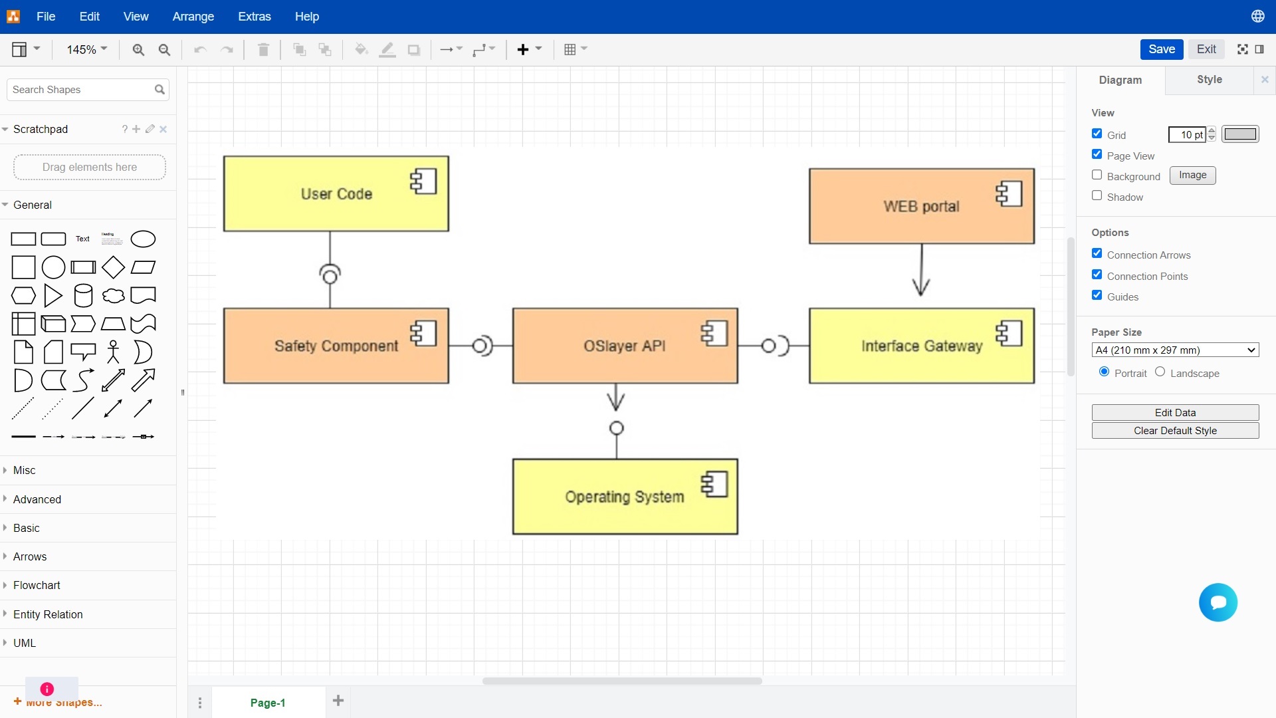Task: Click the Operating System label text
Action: coord(624,497)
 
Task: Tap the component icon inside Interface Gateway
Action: coord(1009,333)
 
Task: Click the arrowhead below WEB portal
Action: coord(921,287)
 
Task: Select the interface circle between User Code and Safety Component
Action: coord(330,275)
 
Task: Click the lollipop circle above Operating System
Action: coord(617,428)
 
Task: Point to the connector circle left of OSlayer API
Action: coord(480,346)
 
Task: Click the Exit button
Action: coord(1206,49)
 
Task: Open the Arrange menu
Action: coord(193,17)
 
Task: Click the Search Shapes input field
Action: coord(80,90)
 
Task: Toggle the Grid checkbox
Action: coord(1097,134)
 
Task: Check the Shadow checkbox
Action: coord(1097,196)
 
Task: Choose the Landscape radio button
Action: coord(1160,372)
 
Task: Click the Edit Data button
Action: coord(1175,412)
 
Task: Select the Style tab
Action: coord(1210,80)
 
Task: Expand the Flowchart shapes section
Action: coord(37,585)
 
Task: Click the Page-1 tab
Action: coord(268,703)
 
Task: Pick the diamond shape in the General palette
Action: coord(113,267)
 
